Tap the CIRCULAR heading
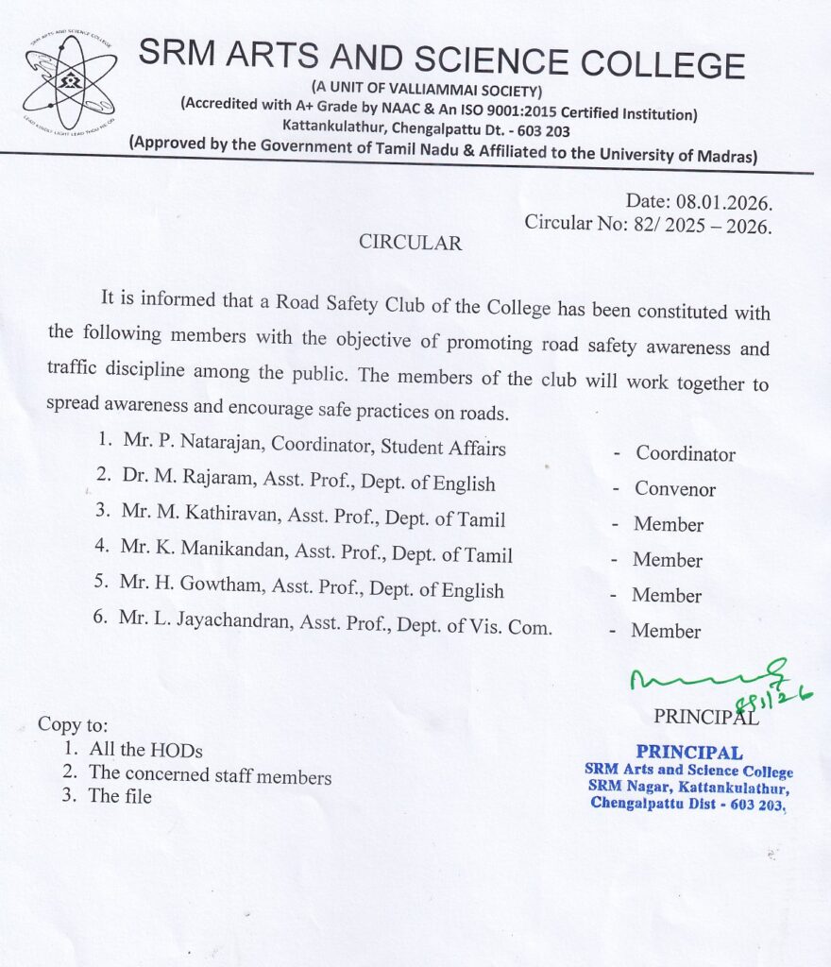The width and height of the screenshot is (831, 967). coord(410,243)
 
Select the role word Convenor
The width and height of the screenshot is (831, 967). coord(675,489)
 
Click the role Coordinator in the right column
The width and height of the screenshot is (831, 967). coord(686,454)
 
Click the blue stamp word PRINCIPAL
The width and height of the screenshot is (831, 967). coord(688,753)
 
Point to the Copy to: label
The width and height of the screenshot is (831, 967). coord(73,725)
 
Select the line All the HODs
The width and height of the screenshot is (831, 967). coord(145,751)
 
